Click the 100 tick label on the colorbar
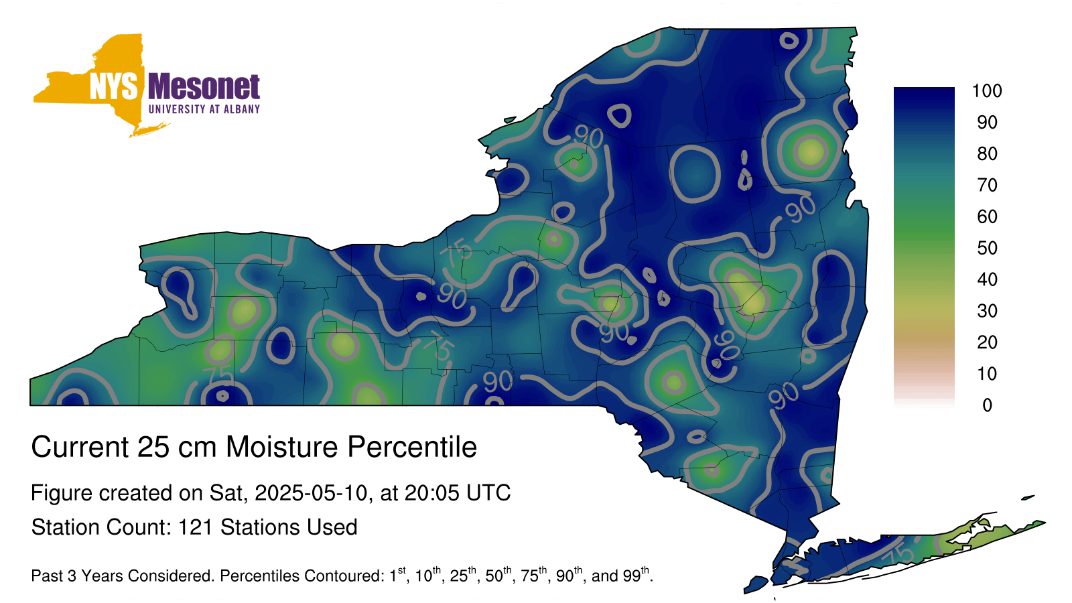[x=987, y=90]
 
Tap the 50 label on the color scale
[x=987, y=248]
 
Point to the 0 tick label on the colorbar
[x=987, y=405]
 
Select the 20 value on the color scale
[x=987, y=342]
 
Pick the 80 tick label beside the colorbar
[x=987, y=153]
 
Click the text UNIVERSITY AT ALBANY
[x=204, y=109]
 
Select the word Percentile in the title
[x=412, y=447]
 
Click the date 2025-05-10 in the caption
[x=311, y=493]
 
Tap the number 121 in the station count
[x=195, y=527]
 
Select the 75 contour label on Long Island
[x=898, y=555]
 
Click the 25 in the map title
[x=153, y=447]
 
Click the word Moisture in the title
[x=282, y=447]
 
